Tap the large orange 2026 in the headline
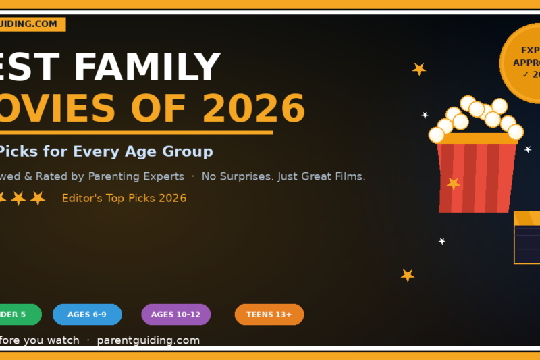253,107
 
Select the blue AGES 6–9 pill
87,315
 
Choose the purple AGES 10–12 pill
175,315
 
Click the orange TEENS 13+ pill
269,315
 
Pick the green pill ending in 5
17,315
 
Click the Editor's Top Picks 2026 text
124,198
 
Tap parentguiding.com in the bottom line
148,340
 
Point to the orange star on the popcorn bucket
453,183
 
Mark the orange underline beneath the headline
135,132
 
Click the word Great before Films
317,176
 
